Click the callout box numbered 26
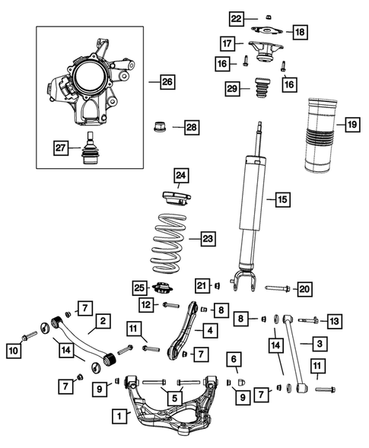click(167, 81)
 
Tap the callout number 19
click(352, 124)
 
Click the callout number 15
click(282, 200)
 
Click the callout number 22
click(237, 17)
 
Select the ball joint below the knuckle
click(94, 151)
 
